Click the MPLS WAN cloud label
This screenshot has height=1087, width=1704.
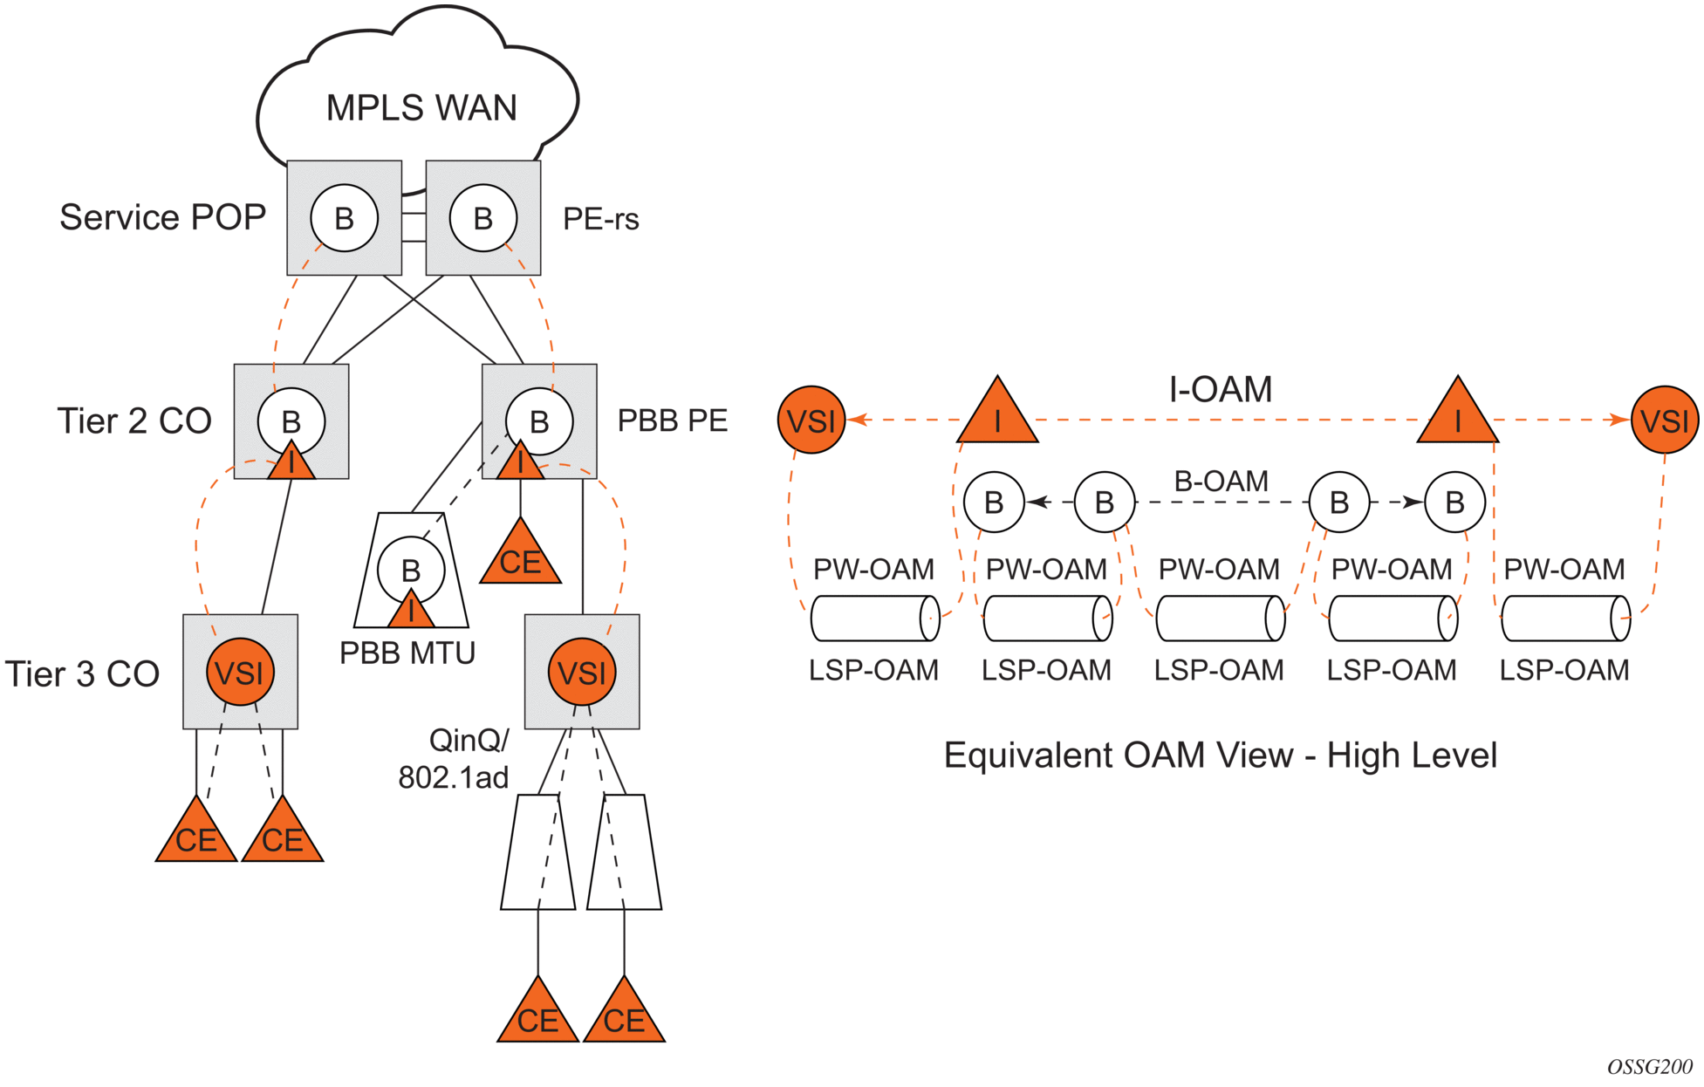(x=421, y=108)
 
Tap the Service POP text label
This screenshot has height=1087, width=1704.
(x=162, y=217)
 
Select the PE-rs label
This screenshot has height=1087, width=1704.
(x=600, y=219)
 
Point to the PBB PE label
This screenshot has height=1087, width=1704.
(x=672, y=420)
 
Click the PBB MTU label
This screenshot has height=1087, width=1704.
(x=407, y=653)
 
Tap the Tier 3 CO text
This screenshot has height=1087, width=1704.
(x=82, y=673)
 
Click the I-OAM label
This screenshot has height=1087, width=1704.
(x=1220, y=389)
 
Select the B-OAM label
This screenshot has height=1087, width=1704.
(x=1221, y=481)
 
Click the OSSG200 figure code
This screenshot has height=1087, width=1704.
(x=1649, y=1067)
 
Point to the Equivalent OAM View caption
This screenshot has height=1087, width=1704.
(x=1220, y=755)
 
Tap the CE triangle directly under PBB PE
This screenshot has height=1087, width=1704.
(x=520, y=554)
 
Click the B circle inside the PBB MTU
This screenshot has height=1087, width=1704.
(x=411, y=570)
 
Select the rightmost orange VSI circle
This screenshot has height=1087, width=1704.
(x=1665, y=420)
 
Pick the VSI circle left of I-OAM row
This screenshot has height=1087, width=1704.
(x=811, y=420)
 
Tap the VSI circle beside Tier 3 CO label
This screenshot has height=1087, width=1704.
(x=240, y=672)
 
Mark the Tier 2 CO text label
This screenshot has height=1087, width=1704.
(x=134, y=421)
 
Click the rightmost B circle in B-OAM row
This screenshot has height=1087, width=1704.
(x=1454, y=502)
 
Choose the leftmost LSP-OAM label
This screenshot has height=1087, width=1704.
(x=873, y=670)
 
